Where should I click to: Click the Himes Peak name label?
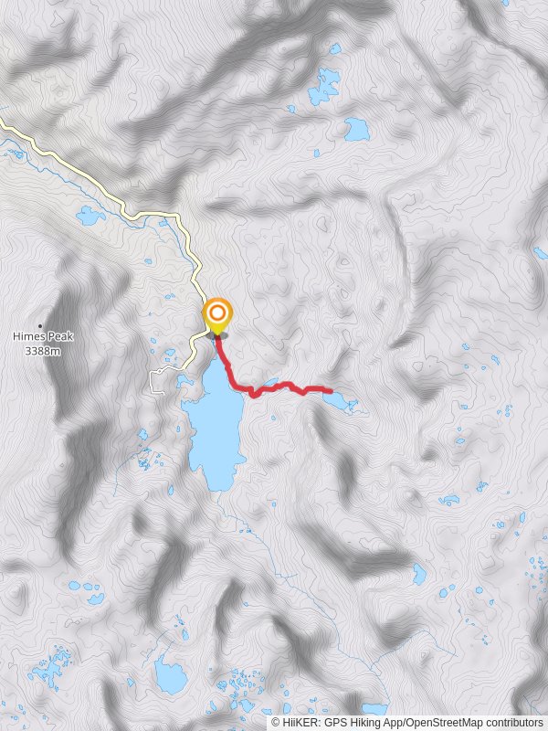pyautogui.click(x=43, y=337)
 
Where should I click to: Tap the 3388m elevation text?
pyautogui.click(x=43, y=350)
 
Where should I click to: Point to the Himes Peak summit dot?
pyautogui.click(x=40, y=325)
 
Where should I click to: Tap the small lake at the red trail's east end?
pyautogui.click(x=335, y=399)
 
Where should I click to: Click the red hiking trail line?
pyautogui.click(x=274, y=387)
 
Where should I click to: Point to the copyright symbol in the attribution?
pyautogui.click(x=275, y=723)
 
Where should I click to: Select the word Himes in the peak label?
pyautogui.click(x=28, y=337)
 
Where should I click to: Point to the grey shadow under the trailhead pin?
pyautogui.click(x=217, y=335)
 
